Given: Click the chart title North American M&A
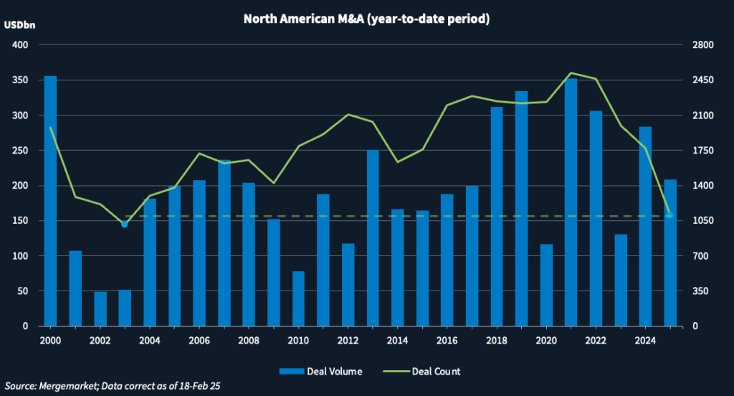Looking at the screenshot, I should pos(366,19).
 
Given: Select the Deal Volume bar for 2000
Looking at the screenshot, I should pos(50,201).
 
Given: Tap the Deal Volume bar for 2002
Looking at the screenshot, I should pos(100,309).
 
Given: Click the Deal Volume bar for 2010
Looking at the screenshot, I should pos(278,298).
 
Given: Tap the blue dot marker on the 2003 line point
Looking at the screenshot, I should pos(124,225).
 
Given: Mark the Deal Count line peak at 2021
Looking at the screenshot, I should pos(571,73).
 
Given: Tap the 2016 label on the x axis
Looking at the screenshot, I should pos(447,340).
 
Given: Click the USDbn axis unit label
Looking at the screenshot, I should pos(19,25).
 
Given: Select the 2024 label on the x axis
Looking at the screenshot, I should pos(645,340).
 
